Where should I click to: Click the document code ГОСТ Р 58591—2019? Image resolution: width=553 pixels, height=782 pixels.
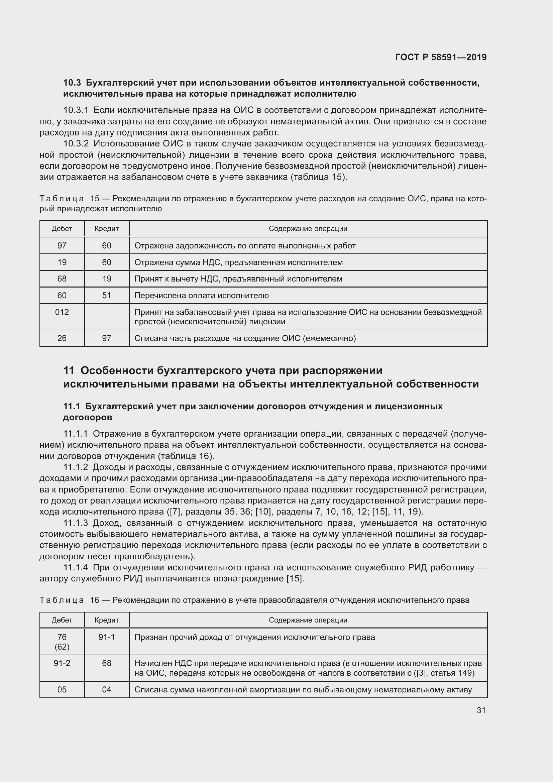click(441, 57)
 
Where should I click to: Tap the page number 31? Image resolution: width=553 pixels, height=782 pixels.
click(481, 710)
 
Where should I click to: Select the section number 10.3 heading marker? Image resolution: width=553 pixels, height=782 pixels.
click(72, 83)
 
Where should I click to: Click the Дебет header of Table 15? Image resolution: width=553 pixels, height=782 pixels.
click(62, 229)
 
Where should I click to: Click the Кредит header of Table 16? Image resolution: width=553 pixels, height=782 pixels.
click(107, 620)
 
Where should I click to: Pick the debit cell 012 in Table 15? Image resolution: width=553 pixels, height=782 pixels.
click(62, 312)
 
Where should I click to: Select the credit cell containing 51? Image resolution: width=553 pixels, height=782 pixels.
click(107, 295)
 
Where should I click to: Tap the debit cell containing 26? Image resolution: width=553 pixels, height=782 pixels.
click(62, 338)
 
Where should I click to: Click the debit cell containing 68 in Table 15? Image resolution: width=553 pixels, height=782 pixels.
click(62, 278)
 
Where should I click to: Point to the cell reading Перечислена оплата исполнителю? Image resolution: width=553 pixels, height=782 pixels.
click(202, 295)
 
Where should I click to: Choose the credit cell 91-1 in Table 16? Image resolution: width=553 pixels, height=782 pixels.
click(107, 637)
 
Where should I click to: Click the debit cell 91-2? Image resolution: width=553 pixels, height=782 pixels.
click(62, 663)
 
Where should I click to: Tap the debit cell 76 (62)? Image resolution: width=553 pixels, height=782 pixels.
click(62, 642)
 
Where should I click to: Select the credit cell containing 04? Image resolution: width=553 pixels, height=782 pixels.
click(107, 689)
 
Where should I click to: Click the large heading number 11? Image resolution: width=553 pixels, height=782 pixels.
click(69, 370)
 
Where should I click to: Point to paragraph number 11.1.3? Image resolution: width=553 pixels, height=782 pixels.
click(76, 523)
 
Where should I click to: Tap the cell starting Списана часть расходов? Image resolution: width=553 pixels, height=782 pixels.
click(245, 338)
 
